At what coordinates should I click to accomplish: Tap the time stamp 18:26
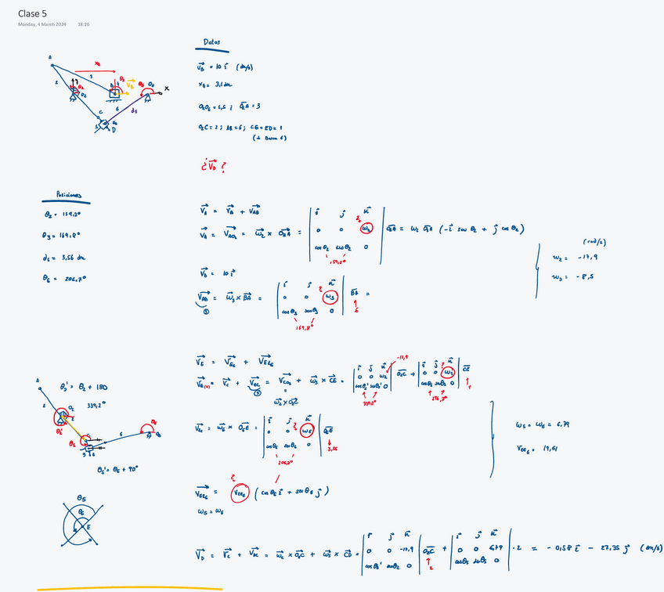[x=84, y=25]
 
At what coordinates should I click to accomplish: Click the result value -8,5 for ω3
[x=579, y=276]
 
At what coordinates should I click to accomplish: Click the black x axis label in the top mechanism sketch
[x=167, y=88]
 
